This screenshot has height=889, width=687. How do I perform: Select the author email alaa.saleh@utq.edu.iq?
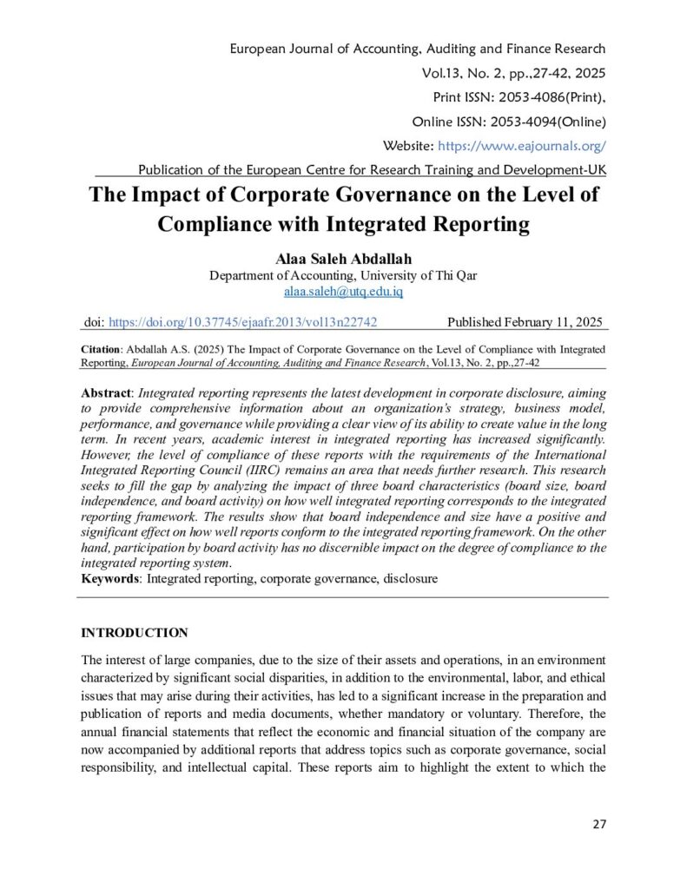343,292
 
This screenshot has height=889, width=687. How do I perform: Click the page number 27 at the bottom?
598,824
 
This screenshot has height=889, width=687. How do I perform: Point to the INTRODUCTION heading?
135,632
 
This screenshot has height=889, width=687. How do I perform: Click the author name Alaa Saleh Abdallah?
343,259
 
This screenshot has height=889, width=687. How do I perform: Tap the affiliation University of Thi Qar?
417,275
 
